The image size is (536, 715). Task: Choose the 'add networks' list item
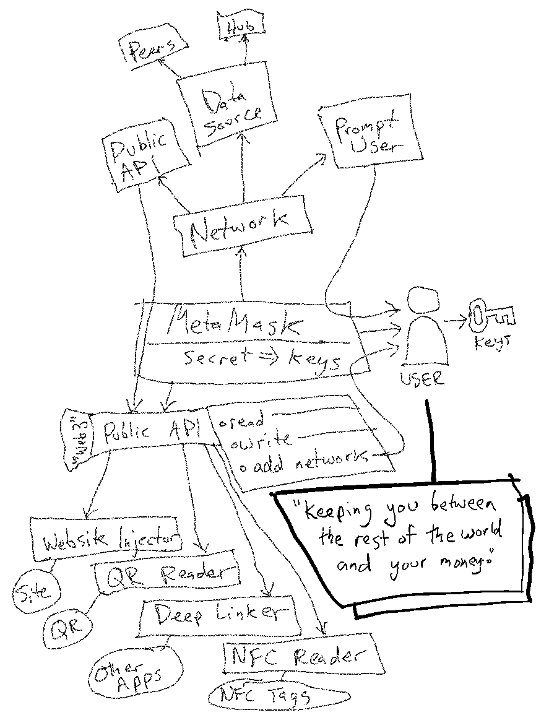point(303,462)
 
